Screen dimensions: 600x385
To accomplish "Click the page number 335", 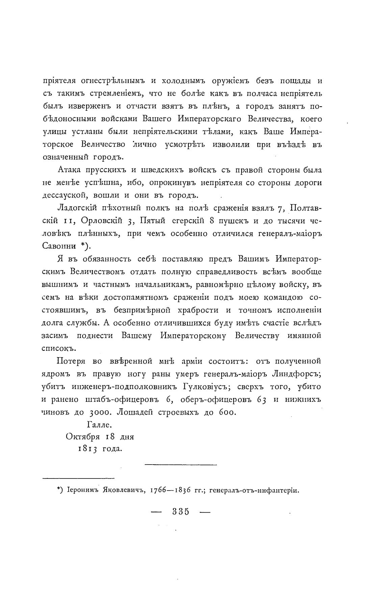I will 180,512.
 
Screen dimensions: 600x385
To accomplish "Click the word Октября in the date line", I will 82,437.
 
